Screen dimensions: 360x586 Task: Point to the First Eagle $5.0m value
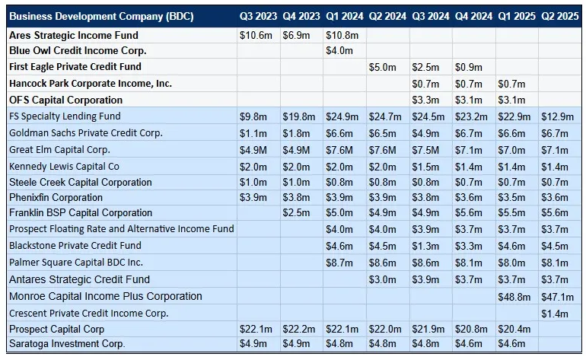point(383,67)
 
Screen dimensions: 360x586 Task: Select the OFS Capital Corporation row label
point(65,100)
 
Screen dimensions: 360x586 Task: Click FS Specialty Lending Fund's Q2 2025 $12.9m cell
point(553,116)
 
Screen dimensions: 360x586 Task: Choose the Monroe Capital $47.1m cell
point(553,296)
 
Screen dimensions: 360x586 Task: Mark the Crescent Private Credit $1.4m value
point(553,313)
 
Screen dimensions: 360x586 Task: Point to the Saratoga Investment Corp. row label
point(67,344)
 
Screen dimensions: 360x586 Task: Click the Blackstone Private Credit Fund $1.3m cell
point(426,246)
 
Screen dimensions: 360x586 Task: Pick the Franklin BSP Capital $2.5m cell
point(297,213)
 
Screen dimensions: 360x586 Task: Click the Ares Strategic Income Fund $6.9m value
point(297,36)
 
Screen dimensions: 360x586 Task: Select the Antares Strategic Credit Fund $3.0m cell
point(383,279)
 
